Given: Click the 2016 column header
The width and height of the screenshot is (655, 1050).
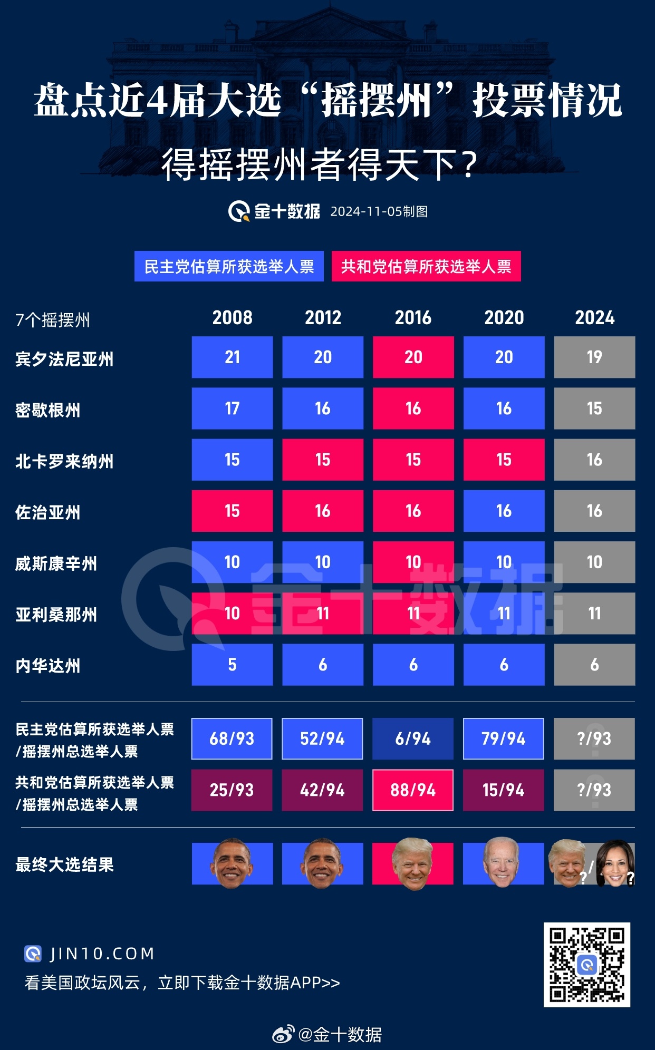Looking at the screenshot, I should [413, 318].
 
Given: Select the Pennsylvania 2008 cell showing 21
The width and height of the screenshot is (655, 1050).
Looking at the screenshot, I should [232, 357].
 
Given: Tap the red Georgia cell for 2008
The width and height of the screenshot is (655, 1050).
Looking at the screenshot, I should [232, 511].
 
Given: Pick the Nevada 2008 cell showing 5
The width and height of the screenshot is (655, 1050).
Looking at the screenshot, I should [232, 665].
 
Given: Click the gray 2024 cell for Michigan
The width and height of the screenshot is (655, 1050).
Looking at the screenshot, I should [594, 409].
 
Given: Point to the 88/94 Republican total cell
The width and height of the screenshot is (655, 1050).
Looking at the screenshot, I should [413, 790].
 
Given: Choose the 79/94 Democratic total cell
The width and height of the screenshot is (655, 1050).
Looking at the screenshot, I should [504, 738].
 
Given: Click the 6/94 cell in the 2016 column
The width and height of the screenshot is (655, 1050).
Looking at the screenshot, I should [413, 738].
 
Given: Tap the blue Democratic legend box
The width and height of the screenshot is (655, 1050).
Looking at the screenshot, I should [229, 266].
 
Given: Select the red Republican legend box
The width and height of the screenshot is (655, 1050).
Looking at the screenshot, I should [426, 266].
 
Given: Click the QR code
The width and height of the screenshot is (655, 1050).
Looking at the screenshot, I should [586, 965].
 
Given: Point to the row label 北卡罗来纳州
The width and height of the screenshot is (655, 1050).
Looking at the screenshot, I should [64, 461].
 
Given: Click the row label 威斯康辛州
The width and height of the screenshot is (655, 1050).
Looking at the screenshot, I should [56, 563].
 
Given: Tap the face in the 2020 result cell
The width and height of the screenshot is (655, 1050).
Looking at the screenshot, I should [501, 862].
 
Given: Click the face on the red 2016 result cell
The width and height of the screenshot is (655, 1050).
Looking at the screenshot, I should [413, 863].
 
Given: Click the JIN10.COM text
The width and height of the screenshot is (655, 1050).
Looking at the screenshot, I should [102, 954].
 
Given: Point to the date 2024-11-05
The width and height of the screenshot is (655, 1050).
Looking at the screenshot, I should [366, 211].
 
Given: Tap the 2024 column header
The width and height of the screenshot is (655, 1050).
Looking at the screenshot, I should [594, 318].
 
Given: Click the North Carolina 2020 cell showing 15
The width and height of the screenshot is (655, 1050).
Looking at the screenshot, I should [504, 460].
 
